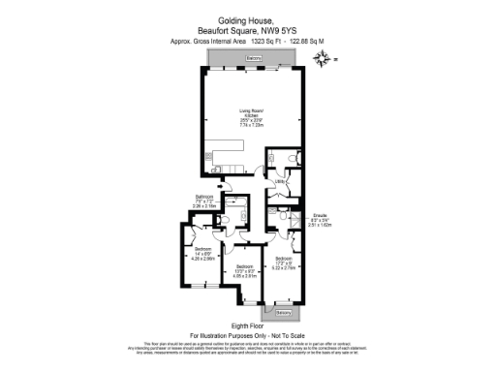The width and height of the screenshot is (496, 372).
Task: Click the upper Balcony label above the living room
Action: [x=253, y=59]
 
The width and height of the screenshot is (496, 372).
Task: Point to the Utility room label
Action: [x=278, y=181]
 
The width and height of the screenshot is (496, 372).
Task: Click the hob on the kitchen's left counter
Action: [x=209, y=157]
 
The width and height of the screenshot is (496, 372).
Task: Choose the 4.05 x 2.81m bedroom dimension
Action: [x=244, y=274]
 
